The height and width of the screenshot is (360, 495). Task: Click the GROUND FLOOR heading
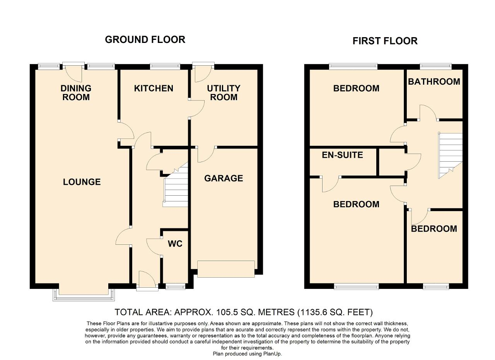[x=145, y=40]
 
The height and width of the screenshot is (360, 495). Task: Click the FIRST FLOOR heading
[x=385, y=41]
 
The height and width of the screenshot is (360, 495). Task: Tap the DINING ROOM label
[x=76, y=93]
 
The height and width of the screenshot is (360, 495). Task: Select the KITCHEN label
[x=154, y=89]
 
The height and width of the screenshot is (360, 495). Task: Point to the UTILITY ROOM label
[x=224, y=93]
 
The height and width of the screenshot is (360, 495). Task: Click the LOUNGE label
[x=82, y=182]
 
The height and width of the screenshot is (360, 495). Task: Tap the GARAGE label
[x=224, y=178]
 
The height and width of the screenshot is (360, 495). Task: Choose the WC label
[x=175, y=244]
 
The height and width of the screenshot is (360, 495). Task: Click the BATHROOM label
[x=434, y=82]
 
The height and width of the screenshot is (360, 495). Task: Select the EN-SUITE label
[x=342, y=155]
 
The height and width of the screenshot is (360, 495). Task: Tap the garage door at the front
[x=226, y=269]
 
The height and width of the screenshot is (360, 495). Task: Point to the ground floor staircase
[x=176, y=188]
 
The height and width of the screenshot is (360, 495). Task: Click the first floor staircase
[x=451, y=155]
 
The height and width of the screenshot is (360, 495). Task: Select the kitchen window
[x=165, y=66]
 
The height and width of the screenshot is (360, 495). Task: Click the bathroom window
[x=435, y=66]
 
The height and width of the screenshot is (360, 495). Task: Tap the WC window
[x=176, y=287]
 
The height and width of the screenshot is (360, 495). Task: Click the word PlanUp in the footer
[x=272, y=353]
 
